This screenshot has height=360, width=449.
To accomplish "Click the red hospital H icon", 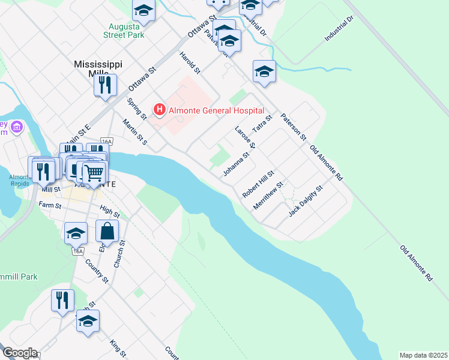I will pyautogui.click(x=160, y=109).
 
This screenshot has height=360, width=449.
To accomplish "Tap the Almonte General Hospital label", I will pyautogui.click(x=216, y=110).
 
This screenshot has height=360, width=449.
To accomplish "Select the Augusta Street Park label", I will pyautogui.click(x=127, y=31).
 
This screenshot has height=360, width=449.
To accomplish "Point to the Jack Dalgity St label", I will pyautogui.click(x=306, y=201).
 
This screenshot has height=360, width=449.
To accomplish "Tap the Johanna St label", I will pyautogui.click(x=236, y=164).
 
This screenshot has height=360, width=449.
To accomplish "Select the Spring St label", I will pyautogui.click(x=137, y=108).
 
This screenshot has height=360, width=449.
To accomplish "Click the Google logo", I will pyautogui.click(x=19, y=353).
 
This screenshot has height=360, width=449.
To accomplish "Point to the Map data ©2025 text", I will pyautogui.click(x=423, y=355).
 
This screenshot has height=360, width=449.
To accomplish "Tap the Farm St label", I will pyautogui.click(x=50, y=205).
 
